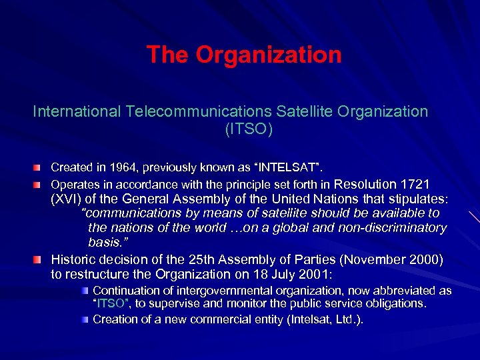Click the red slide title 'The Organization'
(x=244, y=55)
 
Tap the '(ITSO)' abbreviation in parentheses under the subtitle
(x=249, y=128)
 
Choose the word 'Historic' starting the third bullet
(x=74, y=259)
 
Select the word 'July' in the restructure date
(x=301, y=274)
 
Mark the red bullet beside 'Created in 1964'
(x=41, y=167)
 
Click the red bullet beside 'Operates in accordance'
(x=41, y=183)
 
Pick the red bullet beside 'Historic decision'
(x=41, y=259)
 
